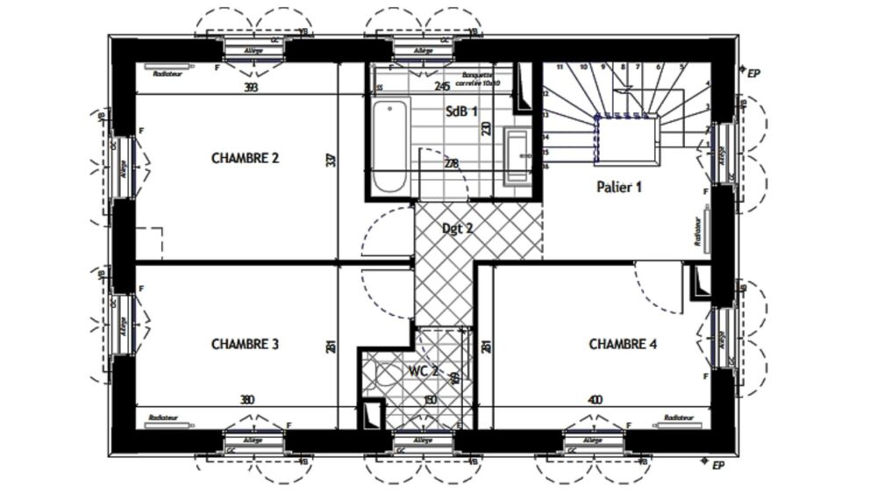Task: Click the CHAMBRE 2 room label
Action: [245, 159]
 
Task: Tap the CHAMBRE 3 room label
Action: [245, 345]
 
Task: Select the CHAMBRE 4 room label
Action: [622, 344]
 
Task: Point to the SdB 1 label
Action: [461, 111]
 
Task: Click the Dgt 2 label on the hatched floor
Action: [457, 229]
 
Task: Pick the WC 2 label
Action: [424, 371]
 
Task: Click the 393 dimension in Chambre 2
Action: [252, 87]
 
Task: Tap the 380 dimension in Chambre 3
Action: [247, 400]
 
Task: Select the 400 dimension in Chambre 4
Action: [595, 400]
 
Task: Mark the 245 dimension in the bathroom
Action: [442, 86]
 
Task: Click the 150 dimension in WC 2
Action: [430, 400]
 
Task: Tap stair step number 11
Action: [559, 68]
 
